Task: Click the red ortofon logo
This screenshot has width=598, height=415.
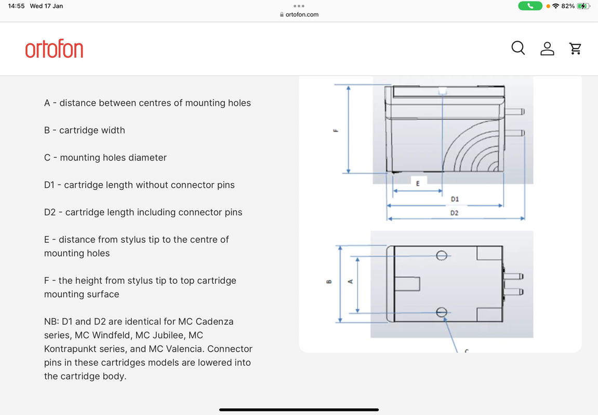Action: click(x=54, y=49)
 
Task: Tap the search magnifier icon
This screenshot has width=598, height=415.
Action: click(x=518, y=48)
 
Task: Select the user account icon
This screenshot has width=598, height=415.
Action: click(x=547, y=49)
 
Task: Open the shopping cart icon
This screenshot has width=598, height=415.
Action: click(x=575, y=49)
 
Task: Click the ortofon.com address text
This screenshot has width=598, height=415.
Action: click(x=302, y=15)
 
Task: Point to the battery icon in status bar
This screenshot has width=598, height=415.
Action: click(x=584, y=6)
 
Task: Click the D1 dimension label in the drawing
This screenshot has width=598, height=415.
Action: click(x=455, y=199)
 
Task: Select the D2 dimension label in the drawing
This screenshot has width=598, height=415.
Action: click(x=455, y=213)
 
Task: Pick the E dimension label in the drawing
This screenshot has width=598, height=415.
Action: click(x=418, y=183)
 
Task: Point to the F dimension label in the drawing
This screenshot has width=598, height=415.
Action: click(x=336, y=130)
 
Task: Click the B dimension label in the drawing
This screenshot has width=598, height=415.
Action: click(x=328, y=283)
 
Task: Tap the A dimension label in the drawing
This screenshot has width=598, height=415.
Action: click(x=350, y=282)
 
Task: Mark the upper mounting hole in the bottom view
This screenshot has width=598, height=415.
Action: click(x=442, y=255)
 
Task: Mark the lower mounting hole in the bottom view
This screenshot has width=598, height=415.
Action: click(x=442, y=312)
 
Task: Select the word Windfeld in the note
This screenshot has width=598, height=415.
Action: click(x=111, y=335)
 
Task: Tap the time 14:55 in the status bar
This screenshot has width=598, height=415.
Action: click(x=17, y=6)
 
